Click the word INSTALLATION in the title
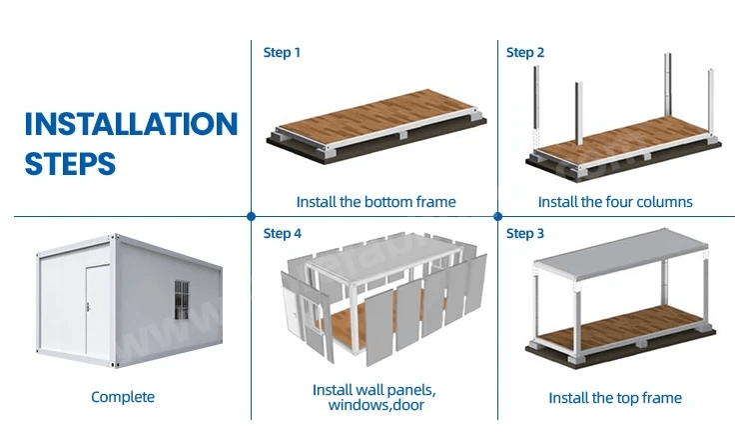(132, 124)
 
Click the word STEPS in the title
(70, 164)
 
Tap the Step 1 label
(282, 53)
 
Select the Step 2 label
(525, 53)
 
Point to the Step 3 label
(525, 233)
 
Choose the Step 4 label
(283, 233)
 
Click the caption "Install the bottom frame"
(375, 202)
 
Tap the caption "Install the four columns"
(615, 202)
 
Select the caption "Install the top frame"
(615, 398)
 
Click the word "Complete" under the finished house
(123, 397)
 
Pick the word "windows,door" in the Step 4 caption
(375, 406)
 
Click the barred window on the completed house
(182, 300)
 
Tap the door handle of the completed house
(88, 306)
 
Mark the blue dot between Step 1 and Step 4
(252, 216)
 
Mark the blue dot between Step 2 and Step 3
(497, 216)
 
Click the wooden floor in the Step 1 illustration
(376, 116)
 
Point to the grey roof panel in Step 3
(621, 253)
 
